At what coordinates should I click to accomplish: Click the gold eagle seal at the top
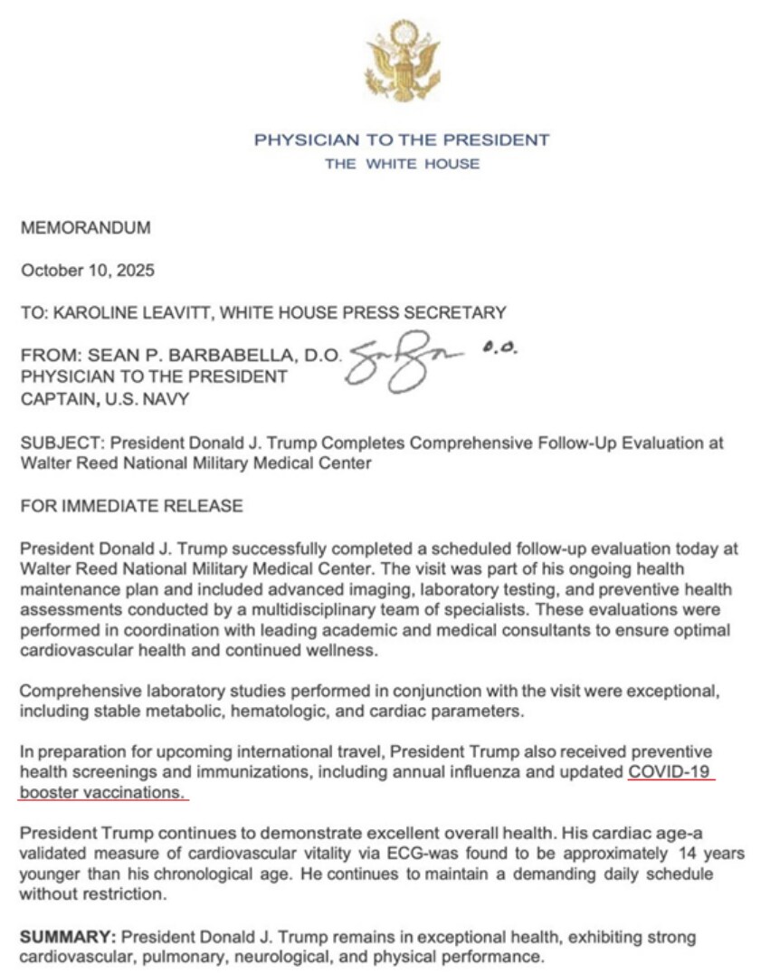click(x=401, y=63)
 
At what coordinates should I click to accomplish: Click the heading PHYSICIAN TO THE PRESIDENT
click(x=401, y=140)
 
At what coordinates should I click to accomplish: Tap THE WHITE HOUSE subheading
click(x=402, y=164)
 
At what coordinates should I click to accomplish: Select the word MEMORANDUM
click(x=85, y=229)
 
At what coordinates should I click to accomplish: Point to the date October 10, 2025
click(x=88, y=271)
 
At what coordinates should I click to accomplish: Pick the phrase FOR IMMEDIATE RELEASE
click(x=131, y=506)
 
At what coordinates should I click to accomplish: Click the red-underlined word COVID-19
click(x=671, y=772)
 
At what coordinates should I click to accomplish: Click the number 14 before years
click(x=689, y=855)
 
